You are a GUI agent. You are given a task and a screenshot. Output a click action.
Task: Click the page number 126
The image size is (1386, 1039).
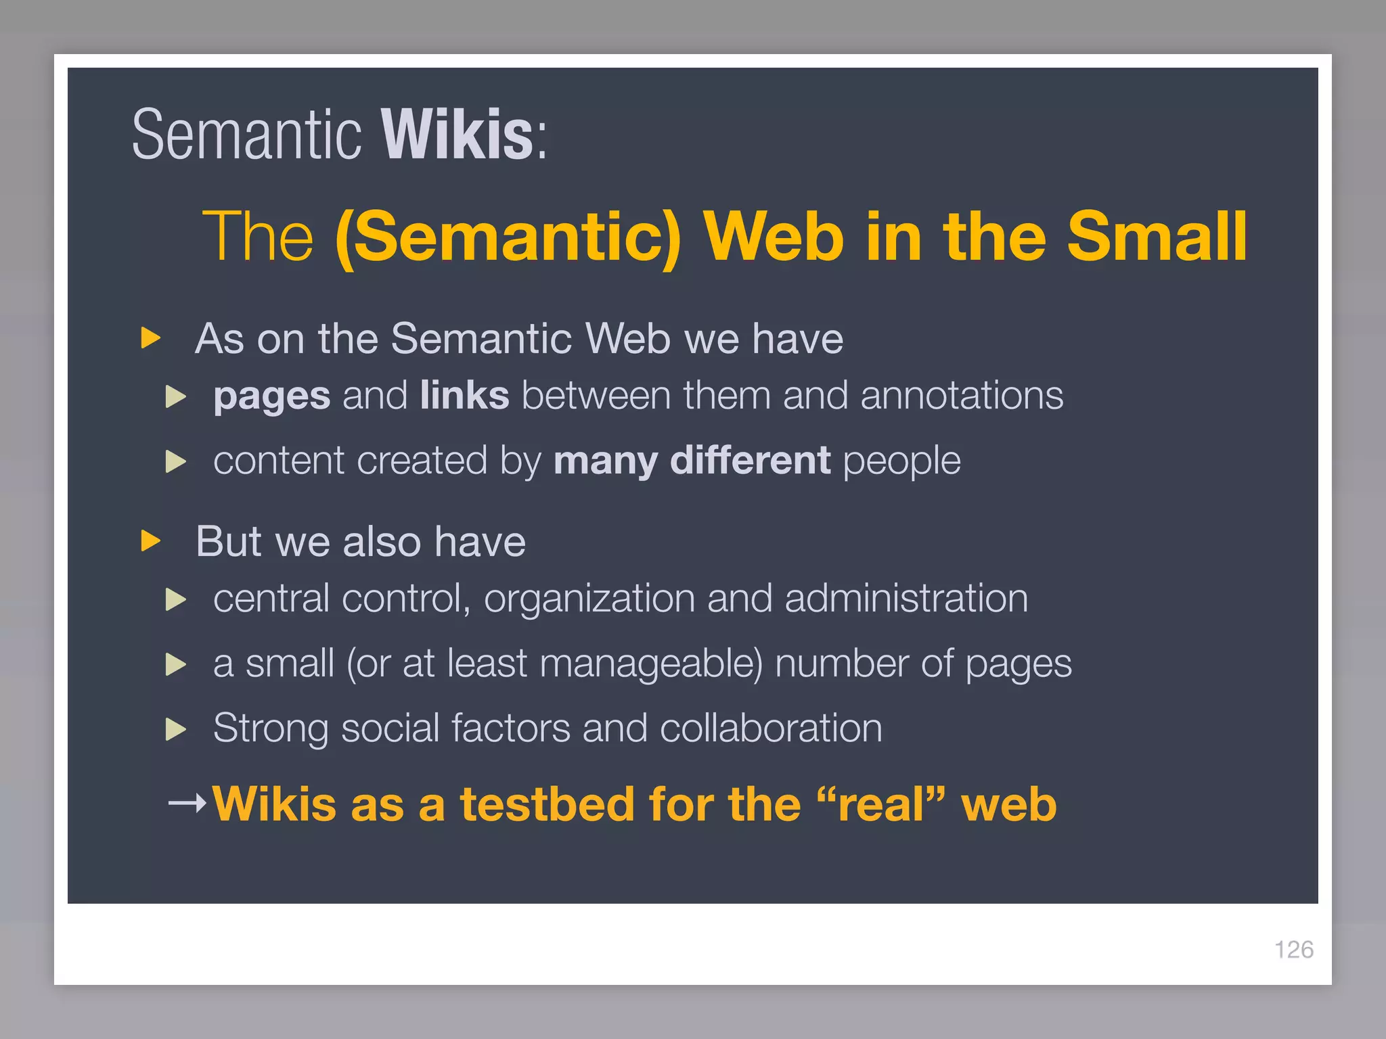(1293, 950)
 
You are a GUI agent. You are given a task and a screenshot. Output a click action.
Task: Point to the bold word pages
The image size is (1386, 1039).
(271, 396)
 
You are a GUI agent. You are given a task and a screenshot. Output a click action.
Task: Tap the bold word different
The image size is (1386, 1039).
(750, 461)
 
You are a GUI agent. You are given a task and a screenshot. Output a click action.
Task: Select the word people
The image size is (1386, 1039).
(901, 462)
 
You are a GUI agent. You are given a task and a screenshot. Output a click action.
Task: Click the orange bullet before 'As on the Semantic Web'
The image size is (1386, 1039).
(151, 338)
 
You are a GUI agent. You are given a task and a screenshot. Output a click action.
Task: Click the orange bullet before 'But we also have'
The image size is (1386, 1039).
(151, 541)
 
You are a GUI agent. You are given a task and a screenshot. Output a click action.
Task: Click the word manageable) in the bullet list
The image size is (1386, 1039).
(651, 664)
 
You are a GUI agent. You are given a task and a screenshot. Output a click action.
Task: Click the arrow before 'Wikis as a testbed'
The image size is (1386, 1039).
(187, 803)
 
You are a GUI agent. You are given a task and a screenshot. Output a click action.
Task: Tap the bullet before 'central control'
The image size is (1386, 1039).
(176, 599)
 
